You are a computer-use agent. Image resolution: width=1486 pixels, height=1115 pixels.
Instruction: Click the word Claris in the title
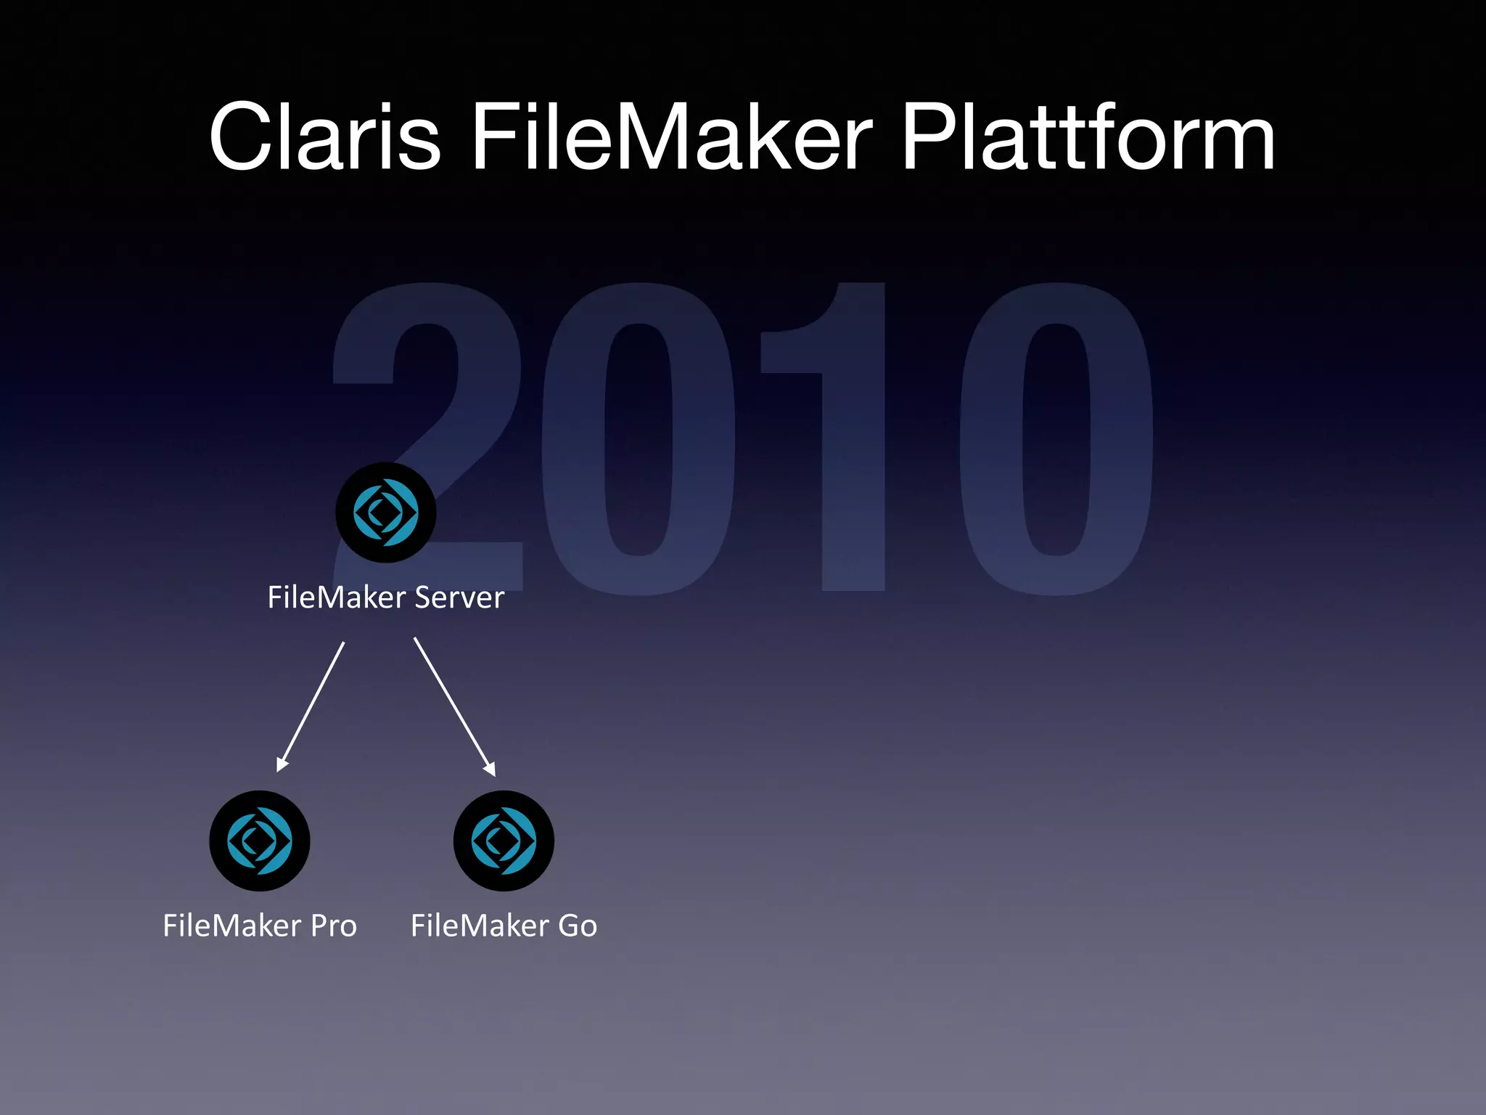(x=324, y=137)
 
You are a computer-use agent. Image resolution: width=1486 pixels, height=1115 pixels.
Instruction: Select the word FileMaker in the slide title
(x=671, y=137)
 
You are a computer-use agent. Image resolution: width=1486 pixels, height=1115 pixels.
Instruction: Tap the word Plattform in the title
(x=1087, y=137)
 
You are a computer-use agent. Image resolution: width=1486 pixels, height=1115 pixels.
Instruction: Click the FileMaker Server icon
(x=386, y=512)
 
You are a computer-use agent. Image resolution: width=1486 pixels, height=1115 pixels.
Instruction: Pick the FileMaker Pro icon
(x=260, y=841)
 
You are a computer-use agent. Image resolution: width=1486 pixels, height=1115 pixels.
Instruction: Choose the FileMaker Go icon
(x=504, y=841)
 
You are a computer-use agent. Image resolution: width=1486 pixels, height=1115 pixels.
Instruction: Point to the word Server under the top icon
(x=459, y=597)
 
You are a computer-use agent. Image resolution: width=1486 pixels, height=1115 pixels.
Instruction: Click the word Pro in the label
(x=334, y=926)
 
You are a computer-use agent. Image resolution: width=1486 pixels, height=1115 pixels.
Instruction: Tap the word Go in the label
(x=578, y=926)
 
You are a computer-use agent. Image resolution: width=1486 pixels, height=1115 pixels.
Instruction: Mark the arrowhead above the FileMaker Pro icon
(x=282, y=764)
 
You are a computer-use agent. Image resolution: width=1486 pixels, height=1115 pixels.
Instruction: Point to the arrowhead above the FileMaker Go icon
(x=490, y=768)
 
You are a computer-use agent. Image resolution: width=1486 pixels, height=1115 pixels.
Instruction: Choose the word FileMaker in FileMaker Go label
(x=480, y=926)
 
